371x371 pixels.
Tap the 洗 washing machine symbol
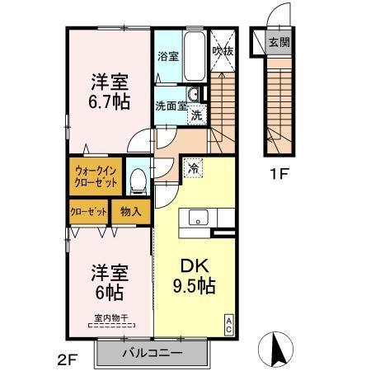pyautogui.click(x=197, y=115)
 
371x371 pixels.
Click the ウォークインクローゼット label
pyautogui.click(x=96, y=175)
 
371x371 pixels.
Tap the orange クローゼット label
pyautogui.click(x=88, y=212)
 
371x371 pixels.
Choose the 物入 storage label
pyautogui.click(x=132, y=212)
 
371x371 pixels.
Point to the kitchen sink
pyautogui.click(x=199, y=218)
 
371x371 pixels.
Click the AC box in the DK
pyautogui.click(x=228, y=323)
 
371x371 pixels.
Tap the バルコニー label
pyautogui.click(x=153, y=353)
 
